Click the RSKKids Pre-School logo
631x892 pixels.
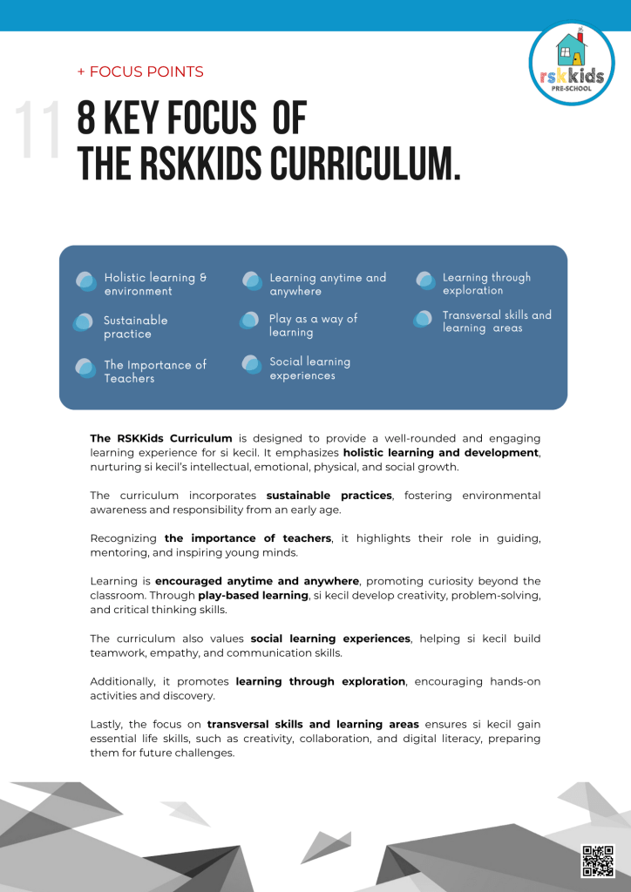[x=572, y=64]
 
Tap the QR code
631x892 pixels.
[x=597, y=860]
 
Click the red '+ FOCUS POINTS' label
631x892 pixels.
[x=140, y=72]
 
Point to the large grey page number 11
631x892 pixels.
[x=39, y=131]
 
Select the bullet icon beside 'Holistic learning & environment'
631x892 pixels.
[x=85, y=281]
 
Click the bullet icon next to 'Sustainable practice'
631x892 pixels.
[x=84, y=322]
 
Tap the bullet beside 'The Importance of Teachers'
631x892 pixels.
[x=85, y=368]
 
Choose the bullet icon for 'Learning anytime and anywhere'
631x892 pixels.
[x=252, y=280]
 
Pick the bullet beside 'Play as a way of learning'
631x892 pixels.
[x=250, y=321]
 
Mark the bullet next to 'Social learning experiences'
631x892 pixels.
[x=252, y=364]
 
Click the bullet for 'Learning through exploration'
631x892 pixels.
[x=425, y=280]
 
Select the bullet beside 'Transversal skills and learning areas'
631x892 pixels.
[x=424, y=319]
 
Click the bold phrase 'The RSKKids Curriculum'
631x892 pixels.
[x=161, y=438]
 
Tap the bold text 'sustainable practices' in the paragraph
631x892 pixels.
[x=329, y=496]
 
